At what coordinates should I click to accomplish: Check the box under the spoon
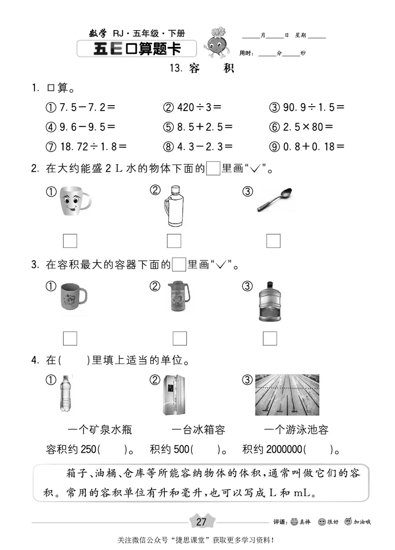click(273, 240)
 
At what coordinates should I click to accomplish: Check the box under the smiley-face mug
click(70, 240)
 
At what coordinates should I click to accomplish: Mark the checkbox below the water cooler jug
click(270, 338)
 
